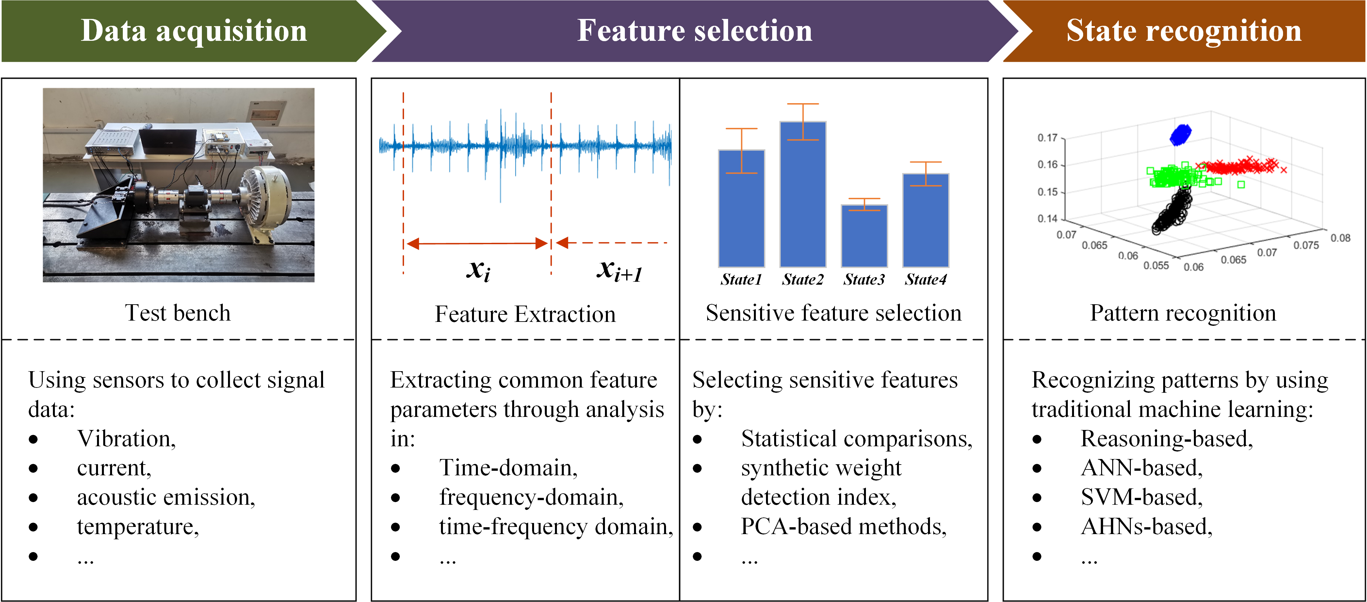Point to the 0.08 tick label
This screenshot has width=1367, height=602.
[x=1340, y=238]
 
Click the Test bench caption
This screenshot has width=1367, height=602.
[x=178, y=313]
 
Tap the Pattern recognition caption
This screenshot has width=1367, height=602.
[x=1183, y=313]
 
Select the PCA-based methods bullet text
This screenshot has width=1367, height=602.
[x=843, y=526]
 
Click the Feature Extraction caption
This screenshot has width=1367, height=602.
[x=525, y=314]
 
